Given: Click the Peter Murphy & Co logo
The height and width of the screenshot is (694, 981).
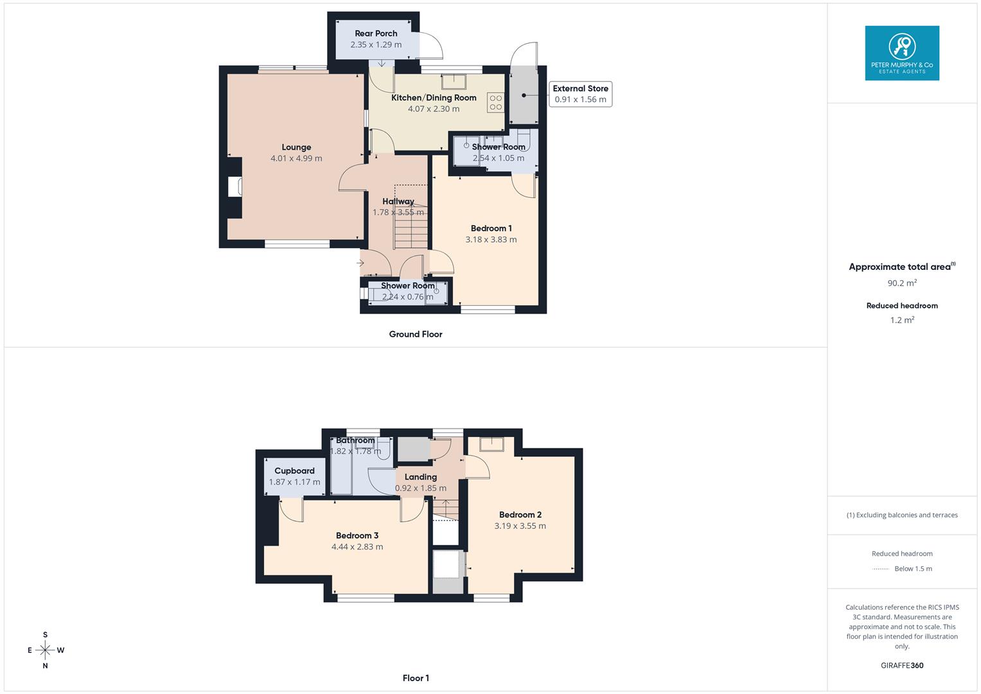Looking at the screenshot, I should point(902,53).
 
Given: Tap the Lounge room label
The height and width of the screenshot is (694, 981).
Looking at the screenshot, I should point(296,147).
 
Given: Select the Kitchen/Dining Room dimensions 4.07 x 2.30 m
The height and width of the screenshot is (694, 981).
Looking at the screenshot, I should point(434,109).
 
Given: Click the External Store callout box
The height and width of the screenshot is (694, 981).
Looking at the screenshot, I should point(580,94).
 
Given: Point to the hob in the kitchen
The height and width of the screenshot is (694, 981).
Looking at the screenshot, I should point(495,103).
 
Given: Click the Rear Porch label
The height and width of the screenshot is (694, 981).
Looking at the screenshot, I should point(376,33).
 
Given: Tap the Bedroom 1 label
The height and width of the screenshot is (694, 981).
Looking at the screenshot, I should point(491,228).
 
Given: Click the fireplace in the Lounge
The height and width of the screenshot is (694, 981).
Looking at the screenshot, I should point(234,186).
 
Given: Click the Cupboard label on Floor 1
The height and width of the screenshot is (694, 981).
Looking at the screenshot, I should point(294,470).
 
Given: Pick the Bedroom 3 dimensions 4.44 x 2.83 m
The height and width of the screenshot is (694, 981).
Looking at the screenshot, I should point(357,547).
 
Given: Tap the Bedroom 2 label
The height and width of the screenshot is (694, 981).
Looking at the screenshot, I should point(520,515).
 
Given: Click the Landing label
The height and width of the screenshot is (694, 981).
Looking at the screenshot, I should point(421,477).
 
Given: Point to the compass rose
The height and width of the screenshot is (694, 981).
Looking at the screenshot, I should point(45,650).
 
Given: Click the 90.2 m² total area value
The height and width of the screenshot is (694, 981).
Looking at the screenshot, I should point(902,282).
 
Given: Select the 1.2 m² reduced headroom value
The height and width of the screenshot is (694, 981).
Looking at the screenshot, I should point(902,320).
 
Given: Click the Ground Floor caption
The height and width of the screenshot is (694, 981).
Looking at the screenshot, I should point(416,334).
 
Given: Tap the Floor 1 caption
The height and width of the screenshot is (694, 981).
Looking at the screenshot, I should point(416,678).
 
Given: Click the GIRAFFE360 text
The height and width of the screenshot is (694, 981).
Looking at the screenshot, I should point(902,666).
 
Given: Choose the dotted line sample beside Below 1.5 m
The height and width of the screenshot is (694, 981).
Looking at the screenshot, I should point(881,569).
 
